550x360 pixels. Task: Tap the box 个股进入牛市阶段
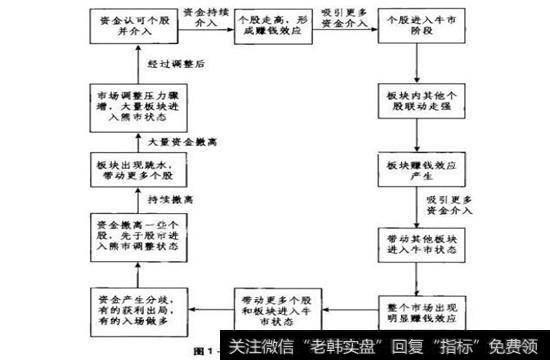click(x=410, y=26)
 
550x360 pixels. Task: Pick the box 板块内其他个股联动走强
click(x=410, y=99)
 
